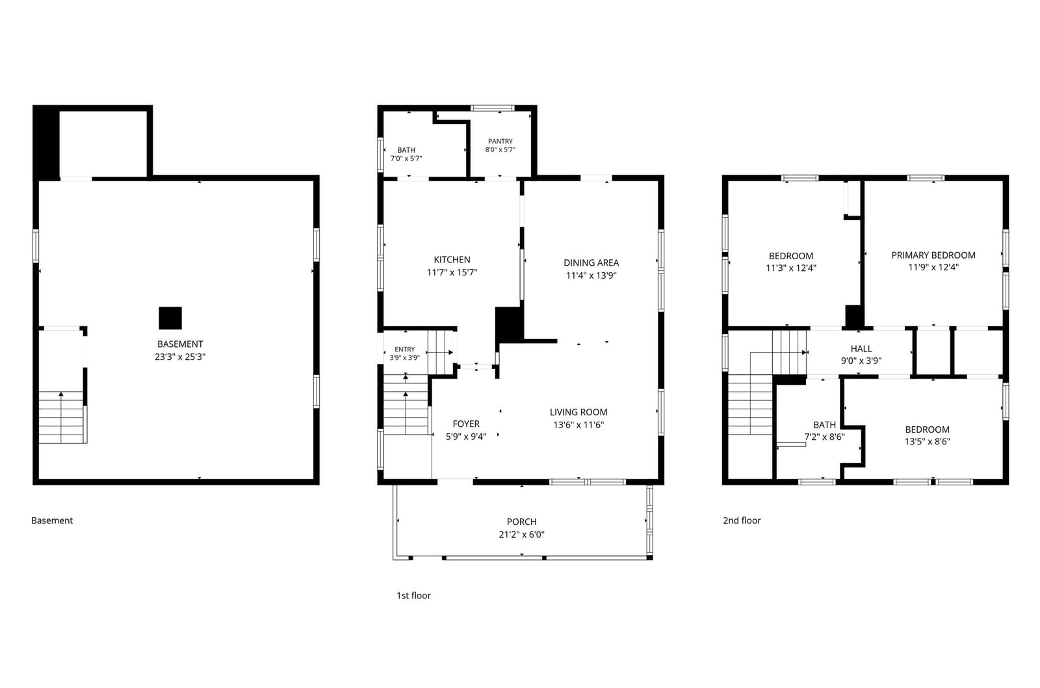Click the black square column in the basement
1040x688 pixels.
[170, 318]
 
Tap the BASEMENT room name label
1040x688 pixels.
[180, 344]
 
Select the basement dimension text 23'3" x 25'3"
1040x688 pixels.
[180, 357]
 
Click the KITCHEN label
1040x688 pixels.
[452, 260]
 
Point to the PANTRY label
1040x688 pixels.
[500, 141]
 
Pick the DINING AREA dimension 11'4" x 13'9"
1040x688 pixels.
[591, 275]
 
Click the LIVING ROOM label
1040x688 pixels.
[578, 412]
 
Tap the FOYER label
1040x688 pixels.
[466, 424]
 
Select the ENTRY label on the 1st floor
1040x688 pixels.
[405, 350]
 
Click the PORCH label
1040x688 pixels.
[522, 522]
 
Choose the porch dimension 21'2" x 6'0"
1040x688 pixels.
[522, 535]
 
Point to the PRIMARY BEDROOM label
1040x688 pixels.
[933, 255]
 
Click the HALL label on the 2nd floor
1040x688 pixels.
[861, 349]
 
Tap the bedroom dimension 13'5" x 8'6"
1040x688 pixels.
[927, 442]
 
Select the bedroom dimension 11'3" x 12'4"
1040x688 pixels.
[791, 268]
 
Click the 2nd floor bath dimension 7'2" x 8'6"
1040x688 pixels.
[825, 437]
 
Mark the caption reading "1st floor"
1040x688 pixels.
[413, 596]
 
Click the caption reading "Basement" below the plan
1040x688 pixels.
[52, 520]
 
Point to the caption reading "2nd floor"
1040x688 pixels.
[742, 520]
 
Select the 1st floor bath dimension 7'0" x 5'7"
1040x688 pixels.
[406, 159]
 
